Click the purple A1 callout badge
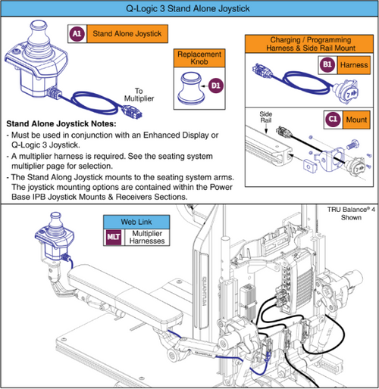coord(77,33)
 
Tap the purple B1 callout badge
coord(327,65)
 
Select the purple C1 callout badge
coord(333,120)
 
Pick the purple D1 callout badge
coord(215,86)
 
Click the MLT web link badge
coord(114,237)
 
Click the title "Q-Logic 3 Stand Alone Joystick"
coord(188,8)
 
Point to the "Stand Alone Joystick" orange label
coord(127,33)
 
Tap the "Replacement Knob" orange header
coord(199,58)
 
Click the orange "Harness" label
coord(354,65)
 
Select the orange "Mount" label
coord(356,120)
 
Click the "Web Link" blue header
coord(136,222)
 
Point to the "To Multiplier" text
coord(139,95)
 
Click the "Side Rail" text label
coord(266,117)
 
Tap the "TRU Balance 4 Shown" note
coord(351,213)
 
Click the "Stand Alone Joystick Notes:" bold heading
coord(61,123)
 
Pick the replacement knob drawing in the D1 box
coord(192,88)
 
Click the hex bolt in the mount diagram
coord(352,145)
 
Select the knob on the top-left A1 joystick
coord(39,32)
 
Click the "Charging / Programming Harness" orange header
coord(309,44)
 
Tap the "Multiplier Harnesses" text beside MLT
coord(147,237)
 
